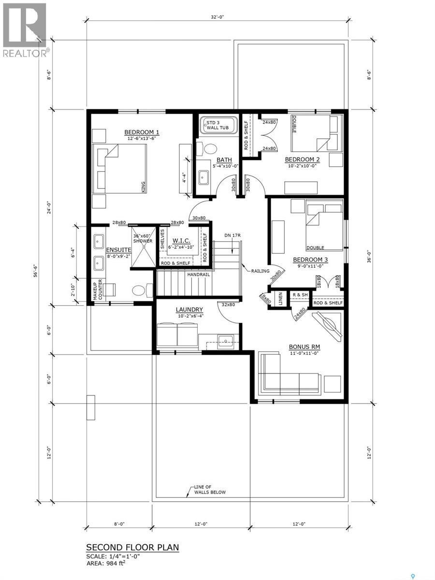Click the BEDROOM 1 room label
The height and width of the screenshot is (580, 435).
pos(142,132)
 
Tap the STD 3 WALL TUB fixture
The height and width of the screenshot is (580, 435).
pos(217,126)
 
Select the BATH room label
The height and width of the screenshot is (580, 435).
pos(224,160)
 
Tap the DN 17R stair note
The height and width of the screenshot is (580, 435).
pos(232,235)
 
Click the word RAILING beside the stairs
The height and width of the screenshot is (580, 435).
pos(260,271)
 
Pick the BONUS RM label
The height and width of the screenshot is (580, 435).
pos(304,347)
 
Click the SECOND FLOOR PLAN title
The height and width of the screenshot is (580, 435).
pos(132,547)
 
